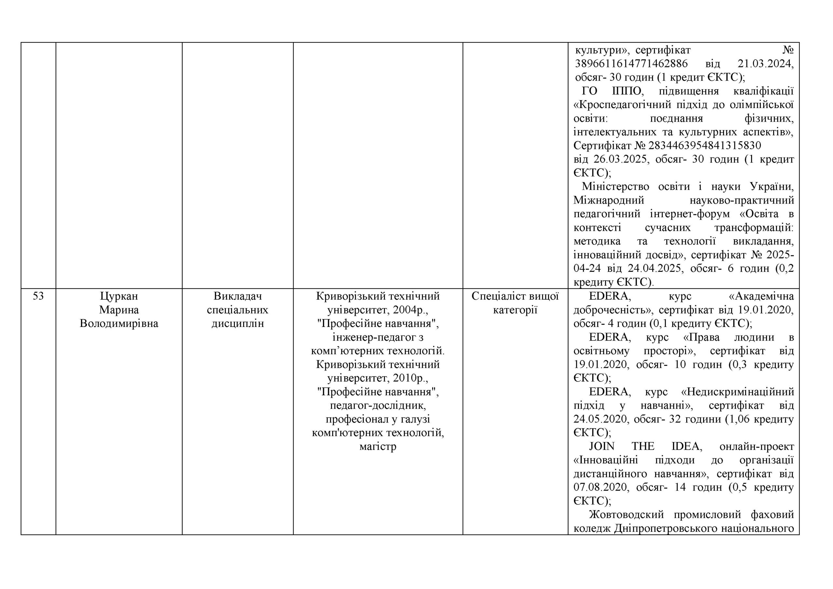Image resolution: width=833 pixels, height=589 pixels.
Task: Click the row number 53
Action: [x=38, y=296]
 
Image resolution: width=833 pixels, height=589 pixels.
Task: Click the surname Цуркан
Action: [x=119, y=296]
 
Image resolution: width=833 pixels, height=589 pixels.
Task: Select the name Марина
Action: [x=119, y=310]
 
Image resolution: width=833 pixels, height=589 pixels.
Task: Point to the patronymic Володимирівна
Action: [x=119, y=324]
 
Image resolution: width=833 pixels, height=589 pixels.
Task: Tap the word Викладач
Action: [x=238, y=296]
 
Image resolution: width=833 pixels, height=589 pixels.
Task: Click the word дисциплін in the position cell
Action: [x=238, y=324]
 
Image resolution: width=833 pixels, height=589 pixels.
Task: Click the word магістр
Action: [x=378, y=447]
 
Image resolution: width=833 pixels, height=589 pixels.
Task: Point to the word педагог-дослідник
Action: [x=378, y=406]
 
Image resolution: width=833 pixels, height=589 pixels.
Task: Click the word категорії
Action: [x=515, y=310]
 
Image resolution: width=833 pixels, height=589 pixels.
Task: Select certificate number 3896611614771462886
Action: [x=631, y=64]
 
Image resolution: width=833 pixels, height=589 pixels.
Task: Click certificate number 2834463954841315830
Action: [x=704, y=146]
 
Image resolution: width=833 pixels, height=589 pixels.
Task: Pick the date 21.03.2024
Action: [x=766, y=64]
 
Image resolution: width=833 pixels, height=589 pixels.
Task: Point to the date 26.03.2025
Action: [x=621, y=160]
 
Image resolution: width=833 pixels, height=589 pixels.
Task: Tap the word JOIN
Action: [x=602, y=447]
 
